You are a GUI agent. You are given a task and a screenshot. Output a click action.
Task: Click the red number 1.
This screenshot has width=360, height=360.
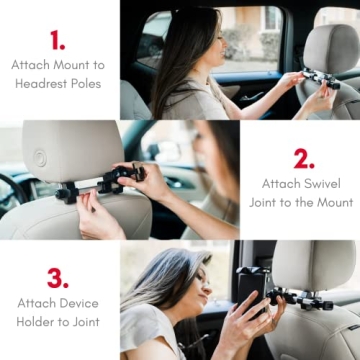[x=57, y=39]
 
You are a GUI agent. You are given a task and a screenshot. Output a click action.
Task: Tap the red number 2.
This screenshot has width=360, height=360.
[x=304, y=158]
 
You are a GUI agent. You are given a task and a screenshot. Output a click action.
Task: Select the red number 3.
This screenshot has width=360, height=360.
[x=58, y=277]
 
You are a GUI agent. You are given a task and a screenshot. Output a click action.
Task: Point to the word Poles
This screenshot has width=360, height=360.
[x=82, y=83]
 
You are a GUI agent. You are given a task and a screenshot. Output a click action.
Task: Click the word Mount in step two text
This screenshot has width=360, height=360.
[x=322, y=202]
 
